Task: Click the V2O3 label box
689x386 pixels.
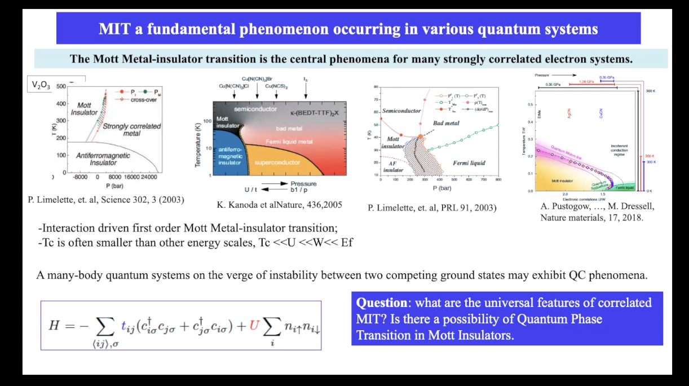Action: [x=41, y=85]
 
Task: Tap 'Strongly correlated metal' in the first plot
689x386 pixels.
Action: [x=131, y=130]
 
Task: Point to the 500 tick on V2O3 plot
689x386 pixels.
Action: [x=61, y=86]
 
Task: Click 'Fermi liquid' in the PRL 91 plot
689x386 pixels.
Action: [x=469, y=163]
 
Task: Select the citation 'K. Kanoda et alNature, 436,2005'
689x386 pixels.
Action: [x=279, y=204]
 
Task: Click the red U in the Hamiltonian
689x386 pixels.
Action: [x=254, y=326]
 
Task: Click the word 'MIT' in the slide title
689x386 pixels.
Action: [x=114, y=29]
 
